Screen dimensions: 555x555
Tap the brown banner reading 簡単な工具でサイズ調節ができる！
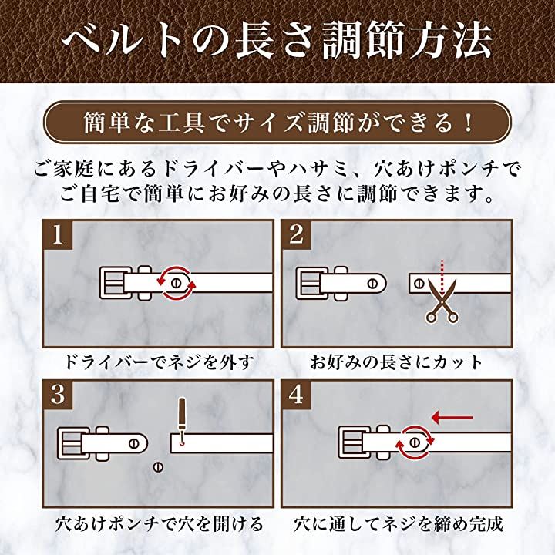pos(277,123)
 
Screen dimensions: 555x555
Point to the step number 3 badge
pos(57,395)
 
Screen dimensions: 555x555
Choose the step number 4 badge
pos(295,395)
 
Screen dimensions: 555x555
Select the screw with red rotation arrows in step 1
pos(177,282)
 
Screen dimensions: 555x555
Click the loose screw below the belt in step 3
pos(160,466)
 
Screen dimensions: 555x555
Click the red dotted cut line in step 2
pos(442,274)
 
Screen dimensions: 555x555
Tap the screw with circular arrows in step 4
pos(415,442)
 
